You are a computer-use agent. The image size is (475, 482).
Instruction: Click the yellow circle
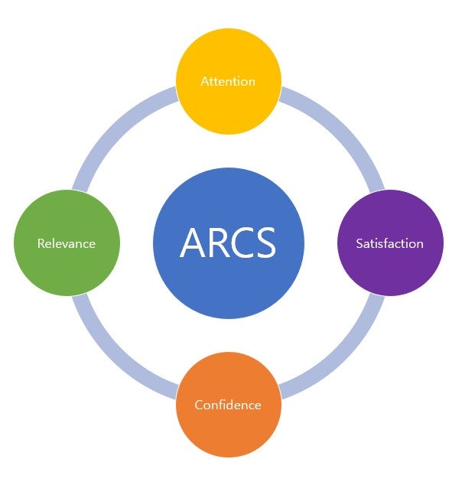click(x=229, y=81)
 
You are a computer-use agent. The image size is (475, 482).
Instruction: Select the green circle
click(x=67, y=243)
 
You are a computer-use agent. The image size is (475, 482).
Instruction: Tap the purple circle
click(x=391, y=243)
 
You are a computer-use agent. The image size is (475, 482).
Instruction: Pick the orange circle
click(x=229, y=405)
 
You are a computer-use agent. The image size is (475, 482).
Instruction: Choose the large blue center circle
click(x=229, y=243)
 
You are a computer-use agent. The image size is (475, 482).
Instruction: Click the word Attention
click(x=228, y=81)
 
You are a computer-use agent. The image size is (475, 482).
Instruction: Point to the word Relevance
click(x=67, y=243)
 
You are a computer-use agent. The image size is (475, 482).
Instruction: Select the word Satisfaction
click(x=389, y=243)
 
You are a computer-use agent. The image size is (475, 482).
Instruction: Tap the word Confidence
click(x=228, y=405)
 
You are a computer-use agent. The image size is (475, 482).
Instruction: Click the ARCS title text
click(x=228, y=243)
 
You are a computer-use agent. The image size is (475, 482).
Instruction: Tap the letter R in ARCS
click(x=218, y=243)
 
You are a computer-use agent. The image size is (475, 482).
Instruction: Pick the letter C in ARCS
click(x=242, y=243)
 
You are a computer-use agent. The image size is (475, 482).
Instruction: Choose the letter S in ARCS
click(x=266, y=243)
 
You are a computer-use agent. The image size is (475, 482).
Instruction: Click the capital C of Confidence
click(x=199, y=405)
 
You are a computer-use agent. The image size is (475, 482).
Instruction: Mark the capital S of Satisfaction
click(x=360, y=243)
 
